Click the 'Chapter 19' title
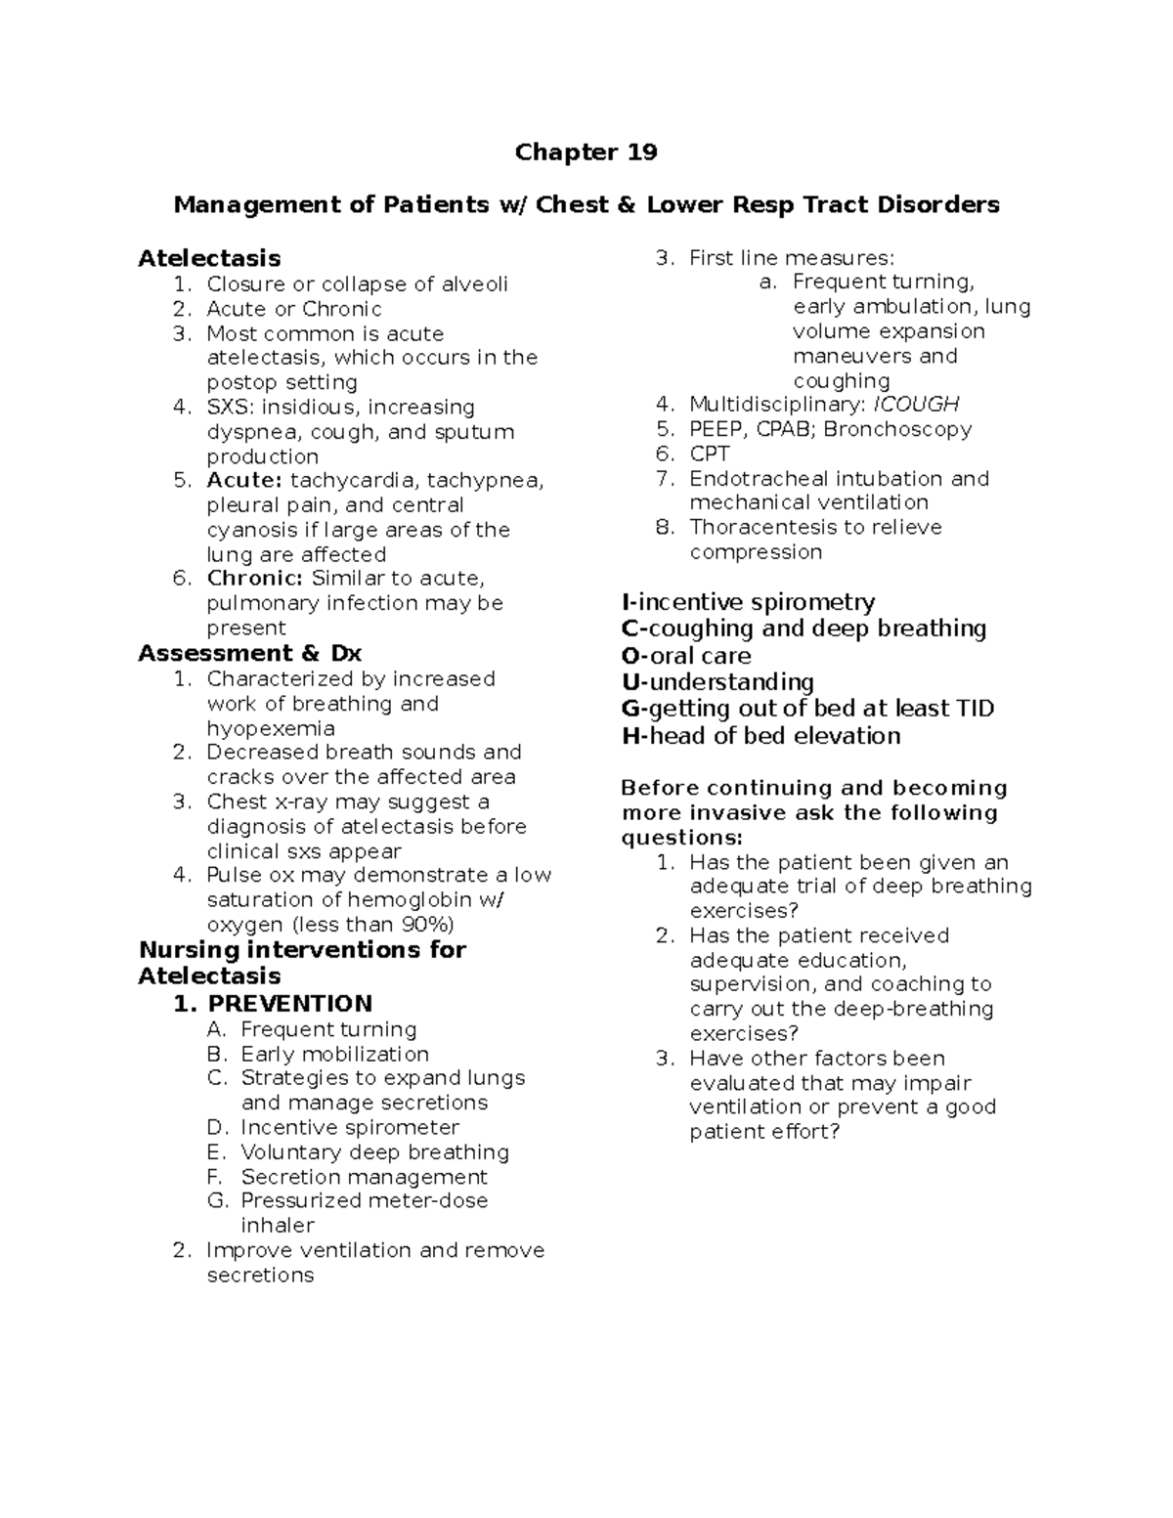click(x=586, y=152)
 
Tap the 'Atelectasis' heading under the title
click(x=209, y=258)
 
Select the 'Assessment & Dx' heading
click(x=250, y=653)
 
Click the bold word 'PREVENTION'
click(x=290, y=1004)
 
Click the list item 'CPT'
click(x=710, y=454)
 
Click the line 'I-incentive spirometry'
click(x=748, y=602)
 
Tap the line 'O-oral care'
click(x=686, y=656)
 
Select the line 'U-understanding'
click(x=717, y=682)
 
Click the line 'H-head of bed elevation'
click(x=760, y=736)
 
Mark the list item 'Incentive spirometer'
click(x=350, y=1127)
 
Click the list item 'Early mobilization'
click(x=335, y=1054)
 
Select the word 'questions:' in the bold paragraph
click(x=681, y=838)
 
